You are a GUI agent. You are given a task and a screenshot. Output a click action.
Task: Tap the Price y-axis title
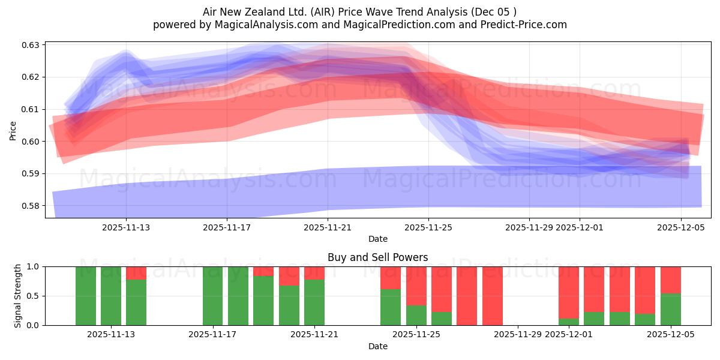point(13,130)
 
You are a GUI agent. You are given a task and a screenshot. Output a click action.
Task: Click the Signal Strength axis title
point(18,296)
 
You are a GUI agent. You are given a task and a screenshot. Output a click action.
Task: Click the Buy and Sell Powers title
point(377,257)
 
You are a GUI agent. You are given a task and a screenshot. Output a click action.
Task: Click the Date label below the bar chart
point(377,346)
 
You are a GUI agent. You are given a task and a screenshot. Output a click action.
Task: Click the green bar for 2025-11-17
point(212,296)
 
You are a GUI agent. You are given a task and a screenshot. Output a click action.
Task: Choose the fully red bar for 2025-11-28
point(493,296)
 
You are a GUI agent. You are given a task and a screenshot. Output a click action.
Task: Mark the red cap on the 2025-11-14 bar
point(136,273)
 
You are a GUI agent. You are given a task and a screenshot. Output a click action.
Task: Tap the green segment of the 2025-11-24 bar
point(391,307)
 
